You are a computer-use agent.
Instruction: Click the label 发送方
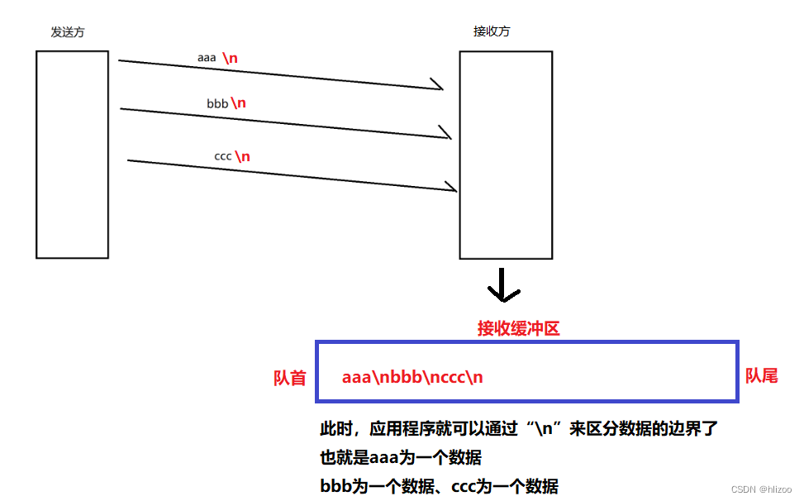[x=68, y=32]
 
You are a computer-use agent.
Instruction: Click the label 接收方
[x=491, y=31]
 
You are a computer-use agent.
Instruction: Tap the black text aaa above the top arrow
[x=207, y=58]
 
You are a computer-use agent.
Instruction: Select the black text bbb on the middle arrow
[x=217, y=104]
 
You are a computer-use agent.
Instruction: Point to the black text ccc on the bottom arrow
[x=222, y=155]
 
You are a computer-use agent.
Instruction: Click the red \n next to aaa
[x=231, y=59]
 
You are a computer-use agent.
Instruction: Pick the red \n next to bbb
[x=239, y=103]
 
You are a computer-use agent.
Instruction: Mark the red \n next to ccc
[x=242, y=156]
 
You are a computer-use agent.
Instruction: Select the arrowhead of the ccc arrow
[x=451, y=188]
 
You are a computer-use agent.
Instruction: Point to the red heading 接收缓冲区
[x=519, y=328]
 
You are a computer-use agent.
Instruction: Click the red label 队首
[x=290, y=378]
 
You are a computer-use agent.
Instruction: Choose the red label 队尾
[x=762, y=376]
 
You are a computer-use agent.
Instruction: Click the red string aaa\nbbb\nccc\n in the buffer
[x=412, y=377]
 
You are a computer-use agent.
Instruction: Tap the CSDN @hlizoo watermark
[x=761, y=489]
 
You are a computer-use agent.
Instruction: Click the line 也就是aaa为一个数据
[x=401, y=458]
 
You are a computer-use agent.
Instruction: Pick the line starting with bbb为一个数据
[x=439, y=486]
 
